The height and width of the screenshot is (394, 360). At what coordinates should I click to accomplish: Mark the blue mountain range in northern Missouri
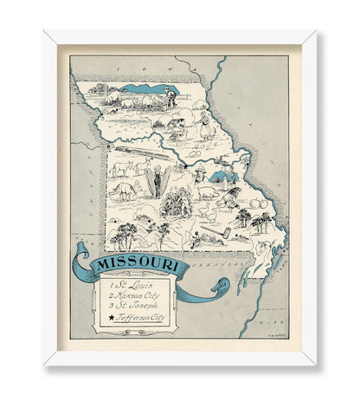coord(145,88)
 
